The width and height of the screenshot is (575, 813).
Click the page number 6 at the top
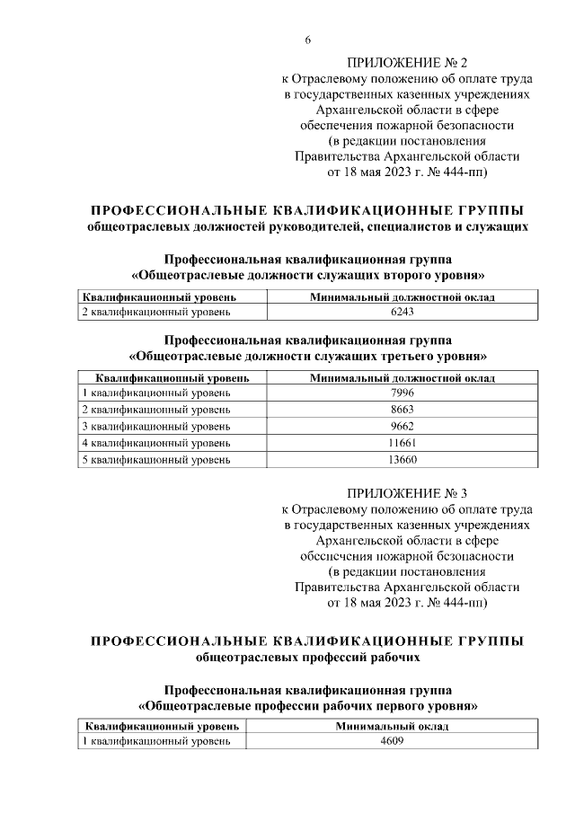(308, 40)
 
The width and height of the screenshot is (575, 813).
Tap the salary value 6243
(402, 312)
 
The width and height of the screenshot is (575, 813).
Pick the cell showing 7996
(402, 393)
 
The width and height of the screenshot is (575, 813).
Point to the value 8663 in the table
(402, 410)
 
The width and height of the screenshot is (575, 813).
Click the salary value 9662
(402, 426)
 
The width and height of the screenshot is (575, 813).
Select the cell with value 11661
(402, 443)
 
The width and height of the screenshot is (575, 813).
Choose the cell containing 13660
(402, 459)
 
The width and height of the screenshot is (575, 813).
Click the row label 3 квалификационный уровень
(156, 426)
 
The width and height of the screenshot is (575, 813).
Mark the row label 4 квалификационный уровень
(156, 443)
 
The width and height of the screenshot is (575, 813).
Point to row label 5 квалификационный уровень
(156, 459)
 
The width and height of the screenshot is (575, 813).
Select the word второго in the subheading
(400, 274)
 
